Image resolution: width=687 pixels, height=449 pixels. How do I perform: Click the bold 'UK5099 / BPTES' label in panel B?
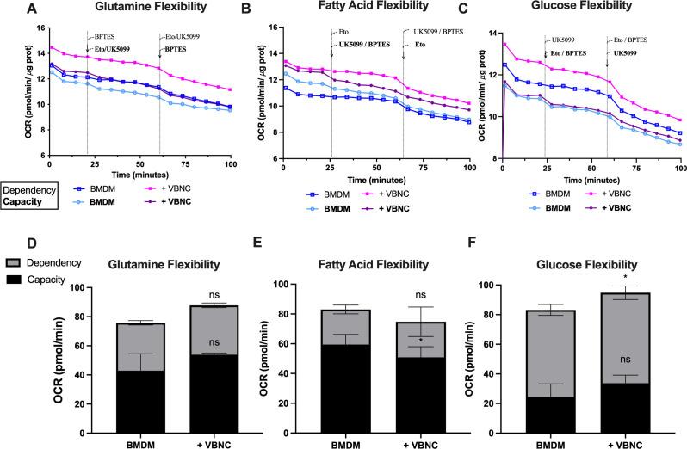[x=361, y=44]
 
